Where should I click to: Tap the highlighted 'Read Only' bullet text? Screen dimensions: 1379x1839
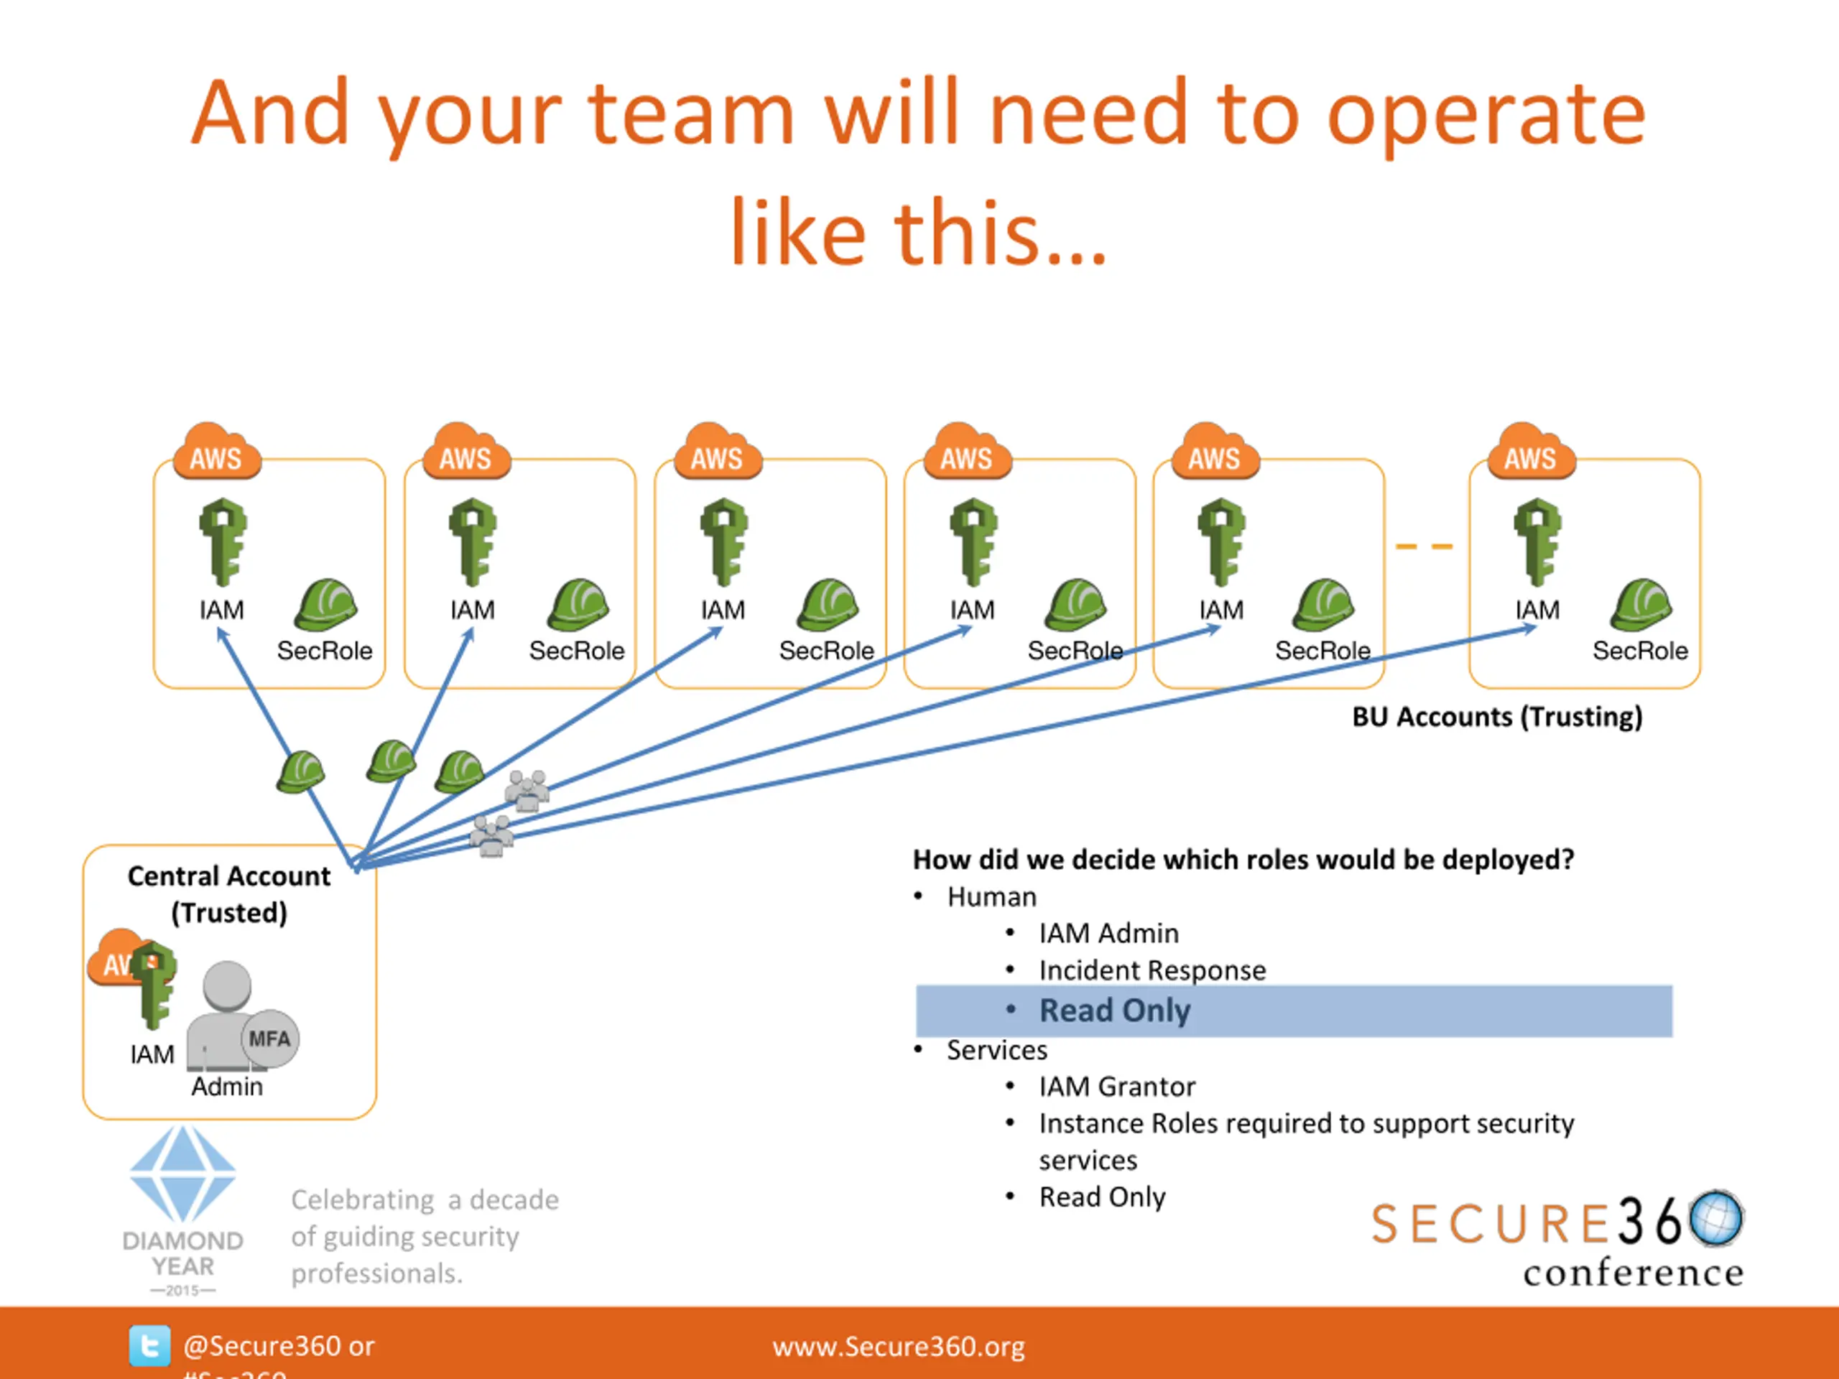[x=1114, y=1011]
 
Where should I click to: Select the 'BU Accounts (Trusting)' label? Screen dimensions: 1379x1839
[x=1496, y=717]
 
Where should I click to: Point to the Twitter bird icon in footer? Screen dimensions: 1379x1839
[x=149, y=1345]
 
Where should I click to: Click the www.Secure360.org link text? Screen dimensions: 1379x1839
[x=898, y=1347]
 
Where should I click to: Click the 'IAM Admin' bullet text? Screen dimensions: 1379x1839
[x=1108, y=934]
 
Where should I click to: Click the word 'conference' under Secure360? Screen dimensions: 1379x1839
[x=1633, y=1273]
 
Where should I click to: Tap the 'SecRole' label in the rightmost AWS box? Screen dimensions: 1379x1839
[x=1639, y=651]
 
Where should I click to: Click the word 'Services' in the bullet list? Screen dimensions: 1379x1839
[x=997, y=1050]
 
